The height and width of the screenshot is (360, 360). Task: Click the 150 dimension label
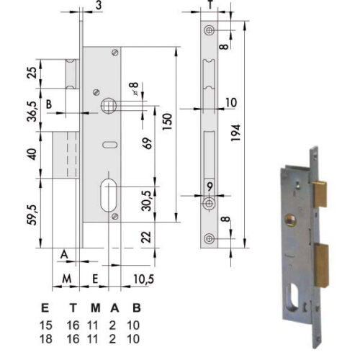point(167,122)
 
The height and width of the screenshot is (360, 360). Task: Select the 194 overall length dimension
point(235,132)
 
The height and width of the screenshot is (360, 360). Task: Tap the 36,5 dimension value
point(33,112)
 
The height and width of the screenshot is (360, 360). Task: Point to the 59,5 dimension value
point(33,215)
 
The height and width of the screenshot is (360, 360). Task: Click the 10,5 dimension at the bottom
point(143,279)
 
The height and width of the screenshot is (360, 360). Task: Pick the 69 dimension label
point(148,143)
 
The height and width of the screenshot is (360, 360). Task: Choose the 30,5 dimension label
point(147,201)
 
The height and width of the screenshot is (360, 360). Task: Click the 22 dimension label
point(146,237)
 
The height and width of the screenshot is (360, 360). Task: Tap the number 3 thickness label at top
point(99,5)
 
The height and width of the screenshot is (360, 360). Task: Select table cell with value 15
point(45,325)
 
